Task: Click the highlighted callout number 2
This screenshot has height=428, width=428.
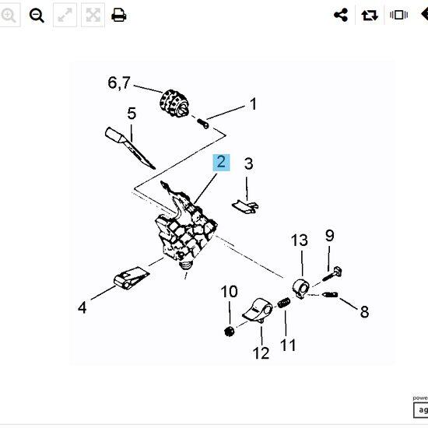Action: pyautogui.click(x=221, y=162)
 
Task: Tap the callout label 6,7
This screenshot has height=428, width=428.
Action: pyautogui.click(x=119, y=82)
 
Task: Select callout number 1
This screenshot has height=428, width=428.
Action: pyautogui.click(x=254, y=104)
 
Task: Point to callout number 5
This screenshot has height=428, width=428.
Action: pyautogui.click(x=132, y=114)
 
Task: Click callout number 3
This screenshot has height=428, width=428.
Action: pyautogui.click(x=248, y=163)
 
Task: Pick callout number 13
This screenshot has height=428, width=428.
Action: pyautogui.click(x=300, y=240)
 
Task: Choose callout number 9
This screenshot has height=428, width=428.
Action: pyautogui.click(x=329, y=235)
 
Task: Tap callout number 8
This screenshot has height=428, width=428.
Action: pyautogui.click(x=364, y=311)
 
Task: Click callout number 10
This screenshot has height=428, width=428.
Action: pyautogui.click(x=229, y=292)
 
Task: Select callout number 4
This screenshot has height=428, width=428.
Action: pyautogui.click(x=82, y=307)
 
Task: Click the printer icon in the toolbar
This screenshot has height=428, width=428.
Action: pyautogui.click(x=119, y=15)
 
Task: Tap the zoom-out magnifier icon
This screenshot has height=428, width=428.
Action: pyautogui.click(x=37, y=15)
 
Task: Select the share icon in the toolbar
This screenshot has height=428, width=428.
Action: pyautogui.click(x=341, y=15)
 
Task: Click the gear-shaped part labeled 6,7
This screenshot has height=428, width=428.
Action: pyautogui.click(x=174, y=103)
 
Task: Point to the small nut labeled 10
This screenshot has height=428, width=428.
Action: pyautogui.click(x=229, y=332)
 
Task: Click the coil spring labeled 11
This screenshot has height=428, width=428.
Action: pyautogui.click(x=284, y=303)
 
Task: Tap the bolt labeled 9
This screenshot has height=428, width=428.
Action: pyautogui.click(x=332, y=274)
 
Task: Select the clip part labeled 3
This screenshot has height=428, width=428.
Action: pyautogui.click(x=245, y=207)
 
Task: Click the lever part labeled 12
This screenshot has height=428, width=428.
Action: pyautogui.click(x=258, y=310)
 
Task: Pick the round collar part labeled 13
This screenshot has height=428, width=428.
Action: pyautogui.click(x=301, y=289)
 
